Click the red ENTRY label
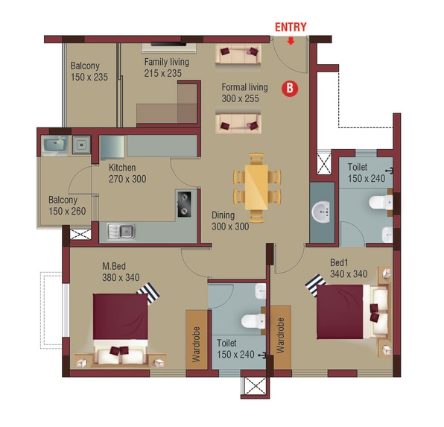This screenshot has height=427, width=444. pyautogui.click(x=291, y=28)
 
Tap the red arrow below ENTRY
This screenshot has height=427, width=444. pyautogui.click(x=291, y=42)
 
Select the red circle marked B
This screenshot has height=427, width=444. pyautogui.click(x=290, y=88)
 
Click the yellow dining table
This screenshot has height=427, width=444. pyautogui.click(x=256, y=187)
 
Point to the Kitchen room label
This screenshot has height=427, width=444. pyautogui.click(x=122, y=168)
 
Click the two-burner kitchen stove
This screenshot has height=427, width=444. pyautogui.click(x=184, y=204)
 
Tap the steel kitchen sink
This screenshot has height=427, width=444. pyautogui.click(x=121, y=232)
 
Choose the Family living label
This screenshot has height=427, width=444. pyautogui.click(x=167, y=62)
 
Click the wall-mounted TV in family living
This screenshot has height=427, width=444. pyautogui.click(x=168, y=44)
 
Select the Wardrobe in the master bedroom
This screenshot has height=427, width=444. pyautogui.click(x=197, y=340)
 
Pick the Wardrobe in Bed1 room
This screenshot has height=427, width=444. pyautogui.click(x=280, y=337)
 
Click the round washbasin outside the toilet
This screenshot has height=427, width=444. pyautogui.click(x=321, y=212)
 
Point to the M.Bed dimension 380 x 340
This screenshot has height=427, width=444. pyautogui.click(x=121, y=277)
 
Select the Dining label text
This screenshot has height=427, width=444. pyautogui.click(x=223, y=215)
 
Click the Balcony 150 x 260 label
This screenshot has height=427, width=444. pyautogui.click(x=67, y=206)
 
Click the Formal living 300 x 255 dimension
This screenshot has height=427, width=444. pyautogui.click(x=240, y=98)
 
